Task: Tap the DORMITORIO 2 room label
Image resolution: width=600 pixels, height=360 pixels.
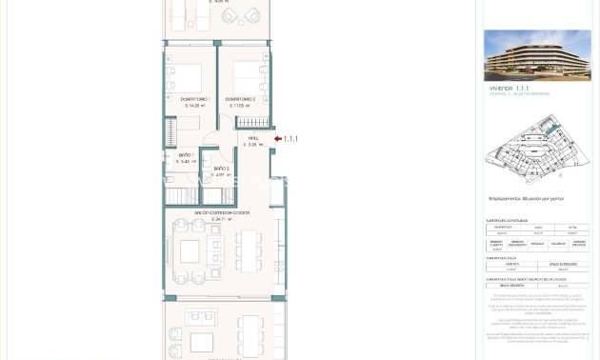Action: pyautogui.click(x=240, y=99)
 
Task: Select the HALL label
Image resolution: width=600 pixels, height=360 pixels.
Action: pyautogui.click(x=253, y=138)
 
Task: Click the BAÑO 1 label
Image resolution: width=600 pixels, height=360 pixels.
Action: pyautogui.click(x=186, y=154)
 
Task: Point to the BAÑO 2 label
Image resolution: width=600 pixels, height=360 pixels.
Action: pyautogui.click(x=220, y=168)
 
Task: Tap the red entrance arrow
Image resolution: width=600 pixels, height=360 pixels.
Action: pyautogui.click(x=277, y=139)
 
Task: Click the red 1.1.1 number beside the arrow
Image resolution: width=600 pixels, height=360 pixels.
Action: pyautogui.click(x=290, y=139)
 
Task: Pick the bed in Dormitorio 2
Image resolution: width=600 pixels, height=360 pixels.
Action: pyautogui.click(x=247, y=73)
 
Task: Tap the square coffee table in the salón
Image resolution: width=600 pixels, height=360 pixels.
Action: pyautogui.click(x=190, y=250)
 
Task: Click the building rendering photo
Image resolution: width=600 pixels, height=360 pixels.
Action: pyautogui.click(x=537, y=55)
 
